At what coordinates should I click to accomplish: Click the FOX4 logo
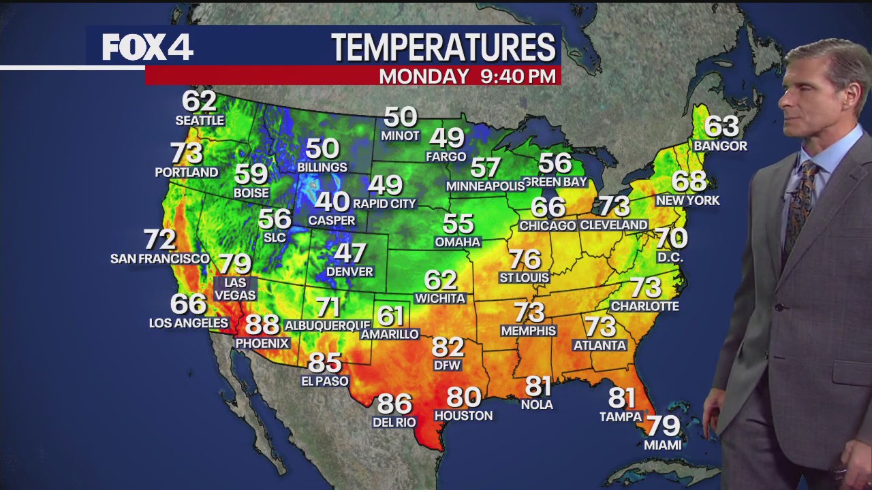point(148,47)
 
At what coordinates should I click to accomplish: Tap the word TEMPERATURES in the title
point(443,47)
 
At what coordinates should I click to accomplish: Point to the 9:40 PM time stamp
point(518,76)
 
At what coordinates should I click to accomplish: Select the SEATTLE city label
point(200,120)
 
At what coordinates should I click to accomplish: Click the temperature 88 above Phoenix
point(262,325)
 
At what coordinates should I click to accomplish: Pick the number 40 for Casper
point(332,201)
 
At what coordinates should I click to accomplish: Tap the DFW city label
point(448,365)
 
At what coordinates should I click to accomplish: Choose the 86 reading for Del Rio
point(394,404)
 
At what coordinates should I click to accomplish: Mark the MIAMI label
point(663,445)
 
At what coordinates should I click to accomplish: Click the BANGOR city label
point(720,146)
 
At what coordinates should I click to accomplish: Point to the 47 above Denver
point(349,253)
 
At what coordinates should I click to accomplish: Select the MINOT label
point(401,135)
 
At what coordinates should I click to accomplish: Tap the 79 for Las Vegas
point(235,264)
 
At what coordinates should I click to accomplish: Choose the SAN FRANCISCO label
point(160,259)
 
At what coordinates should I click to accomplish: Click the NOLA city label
point(538,405)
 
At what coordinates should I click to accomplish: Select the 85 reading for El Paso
point(325,363)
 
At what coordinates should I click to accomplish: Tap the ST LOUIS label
point(524,278)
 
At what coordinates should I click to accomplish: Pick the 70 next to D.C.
point(671,238)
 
